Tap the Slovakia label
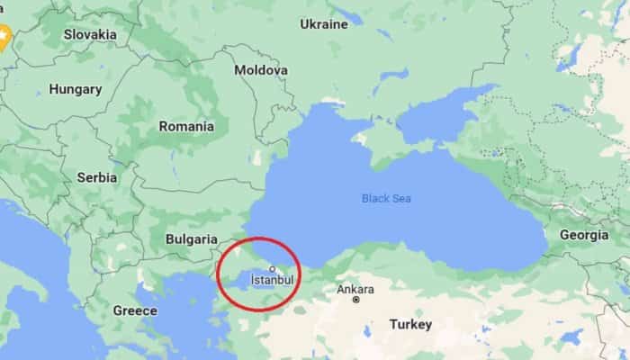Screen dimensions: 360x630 click(x=90, y=34)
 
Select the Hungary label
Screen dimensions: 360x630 click(x=75, y=89)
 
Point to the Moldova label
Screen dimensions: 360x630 click(x=261, y=69)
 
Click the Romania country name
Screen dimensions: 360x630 click(x=186, y=126)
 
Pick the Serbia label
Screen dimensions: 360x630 click(x=96, y=177)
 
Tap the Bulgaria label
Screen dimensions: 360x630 click(x=192, y=239)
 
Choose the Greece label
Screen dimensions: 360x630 click(x=135, y=310)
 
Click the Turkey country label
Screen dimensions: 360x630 click(x=410, y=324)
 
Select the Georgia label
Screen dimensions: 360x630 click(x=584, y=235)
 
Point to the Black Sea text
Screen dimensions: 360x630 click(x=386, y=198)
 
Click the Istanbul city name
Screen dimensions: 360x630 click(x=272, y=281)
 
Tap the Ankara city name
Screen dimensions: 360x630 click(x=355, y=289)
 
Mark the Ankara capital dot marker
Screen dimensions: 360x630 click(x=356, y=300)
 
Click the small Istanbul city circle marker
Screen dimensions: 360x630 click(x=272, y=268)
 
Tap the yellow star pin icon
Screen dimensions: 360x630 click(x=3, y=36)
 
